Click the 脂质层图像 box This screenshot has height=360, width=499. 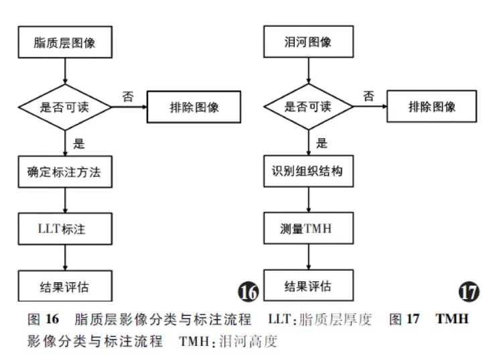[x=64, y=43]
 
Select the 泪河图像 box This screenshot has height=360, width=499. [x=308, y=43]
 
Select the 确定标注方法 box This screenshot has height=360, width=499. [x=64, y=172]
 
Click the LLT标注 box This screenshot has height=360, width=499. [x=64, y=229]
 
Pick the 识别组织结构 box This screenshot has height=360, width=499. [x=308, y=172]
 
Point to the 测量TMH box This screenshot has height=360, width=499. [x=308, y=229]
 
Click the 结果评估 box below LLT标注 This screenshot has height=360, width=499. [x=64, y=286]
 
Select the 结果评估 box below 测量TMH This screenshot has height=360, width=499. [x=308, y=286]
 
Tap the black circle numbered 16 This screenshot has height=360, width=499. [x=248, y=292]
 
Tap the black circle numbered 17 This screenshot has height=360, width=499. [x=469, y=292]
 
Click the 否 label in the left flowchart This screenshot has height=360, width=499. [x=128, y=96]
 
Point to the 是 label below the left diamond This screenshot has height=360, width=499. [x=78, y=142]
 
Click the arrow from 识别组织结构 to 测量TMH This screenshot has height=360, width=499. [x=308, y=200]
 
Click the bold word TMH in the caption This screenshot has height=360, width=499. [x=452, y=318]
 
